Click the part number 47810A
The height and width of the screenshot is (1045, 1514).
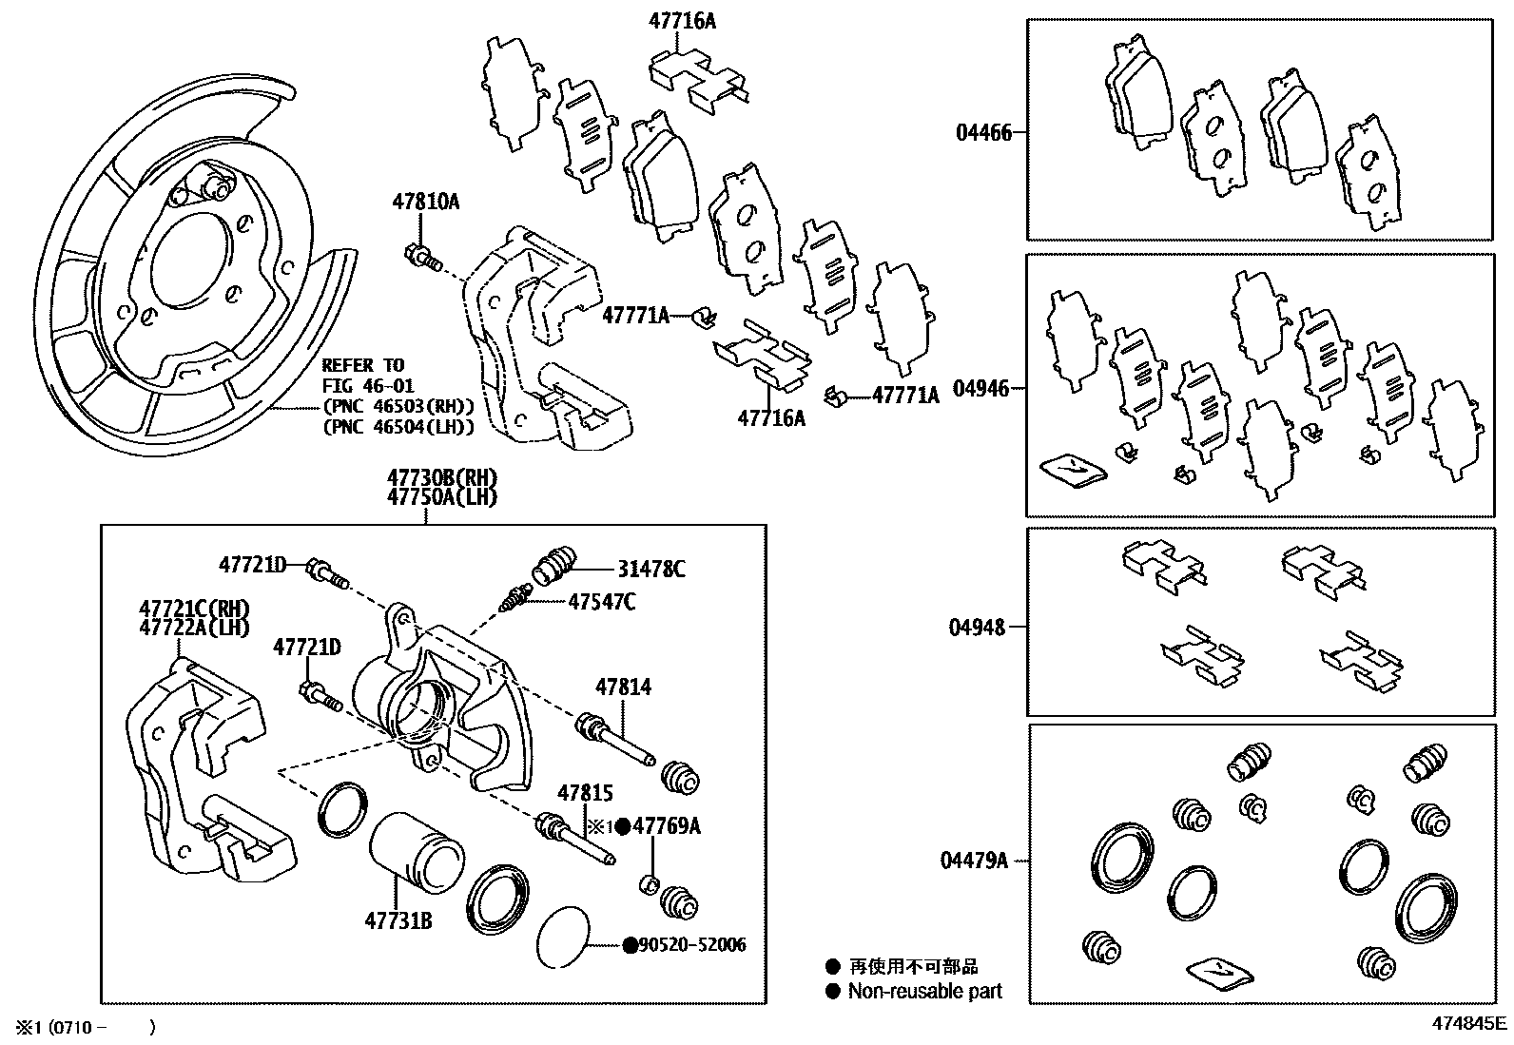(x=425, y=202)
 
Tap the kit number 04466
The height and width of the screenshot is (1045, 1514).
(x=983, y=133)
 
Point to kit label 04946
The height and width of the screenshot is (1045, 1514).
(x=981, y=389)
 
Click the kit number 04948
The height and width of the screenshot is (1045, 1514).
(x=978, y=628)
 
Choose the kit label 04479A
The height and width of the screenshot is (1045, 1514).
(x=974, y=861)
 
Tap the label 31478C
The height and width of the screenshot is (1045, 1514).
(x=651, y=570)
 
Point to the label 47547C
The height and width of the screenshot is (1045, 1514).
(x=602, y=601)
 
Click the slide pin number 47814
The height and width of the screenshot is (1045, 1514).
(x=624, y=687)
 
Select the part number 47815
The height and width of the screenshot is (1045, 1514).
(x=585, y=793)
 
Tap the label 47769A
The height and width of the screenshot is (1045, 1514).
(x=667, y=826)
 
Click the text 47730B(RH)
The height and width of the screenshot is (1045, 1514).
(x=441, y=478)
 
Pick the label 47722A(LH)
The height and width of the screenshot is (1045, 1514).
(x=194, y=627)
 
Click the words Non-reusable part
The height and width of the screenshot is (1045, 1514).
(x=924, y=991)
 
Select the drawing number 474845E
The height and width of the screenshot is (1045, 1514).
(x=1470, y=1024)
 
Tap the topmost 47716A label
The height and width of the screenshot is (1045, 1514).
(x=682, y=19)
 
